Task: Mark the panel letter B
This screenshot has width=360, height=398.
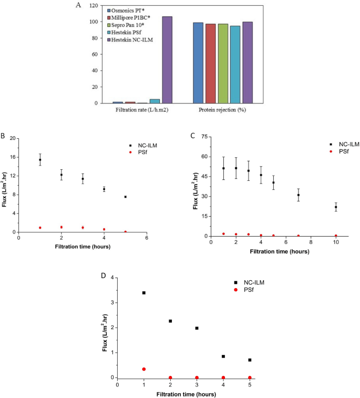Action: pyautogui.click(x=5, y=135)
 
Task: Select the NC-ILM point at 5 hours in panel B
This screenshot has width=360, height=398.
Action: pyautogui.click(x=125, y=197)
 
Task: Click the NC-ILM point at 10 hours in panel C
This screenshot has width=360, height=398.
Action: pyautogui.click(x=336, y=207)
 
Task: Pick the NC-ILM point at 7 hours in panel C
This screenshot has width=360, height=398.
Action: pyautogui.click(x=299, y=195)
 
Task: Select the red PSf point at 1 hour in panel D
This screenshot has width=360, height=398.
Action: pyautogui.click(x=143, y=369)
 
